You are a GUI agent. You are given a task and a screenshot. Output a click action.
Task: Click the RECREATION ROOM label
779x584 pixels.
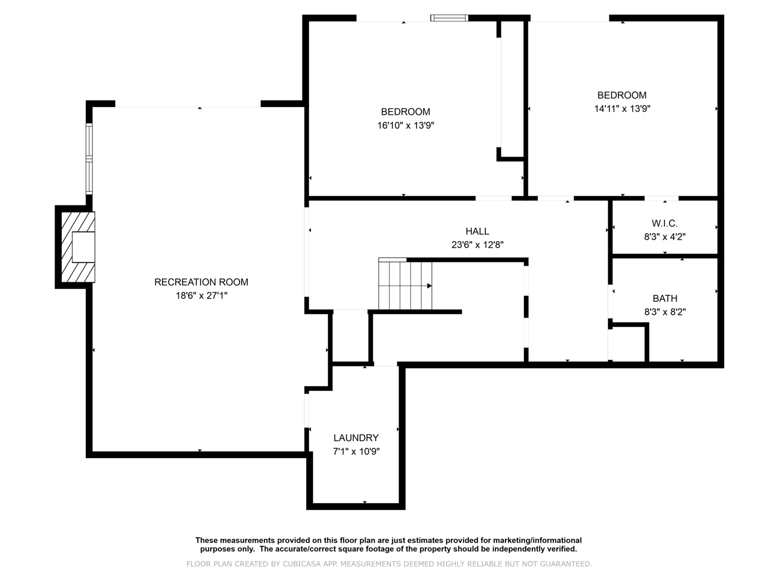(x=201, y=282)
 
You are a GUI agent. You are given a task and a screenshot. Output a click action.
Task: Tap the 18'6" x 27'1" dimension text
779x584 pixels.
(x=202, y=295)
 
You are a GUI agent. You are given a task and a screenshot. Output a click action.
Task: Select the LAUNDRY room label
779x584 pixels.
(x=356, y=438)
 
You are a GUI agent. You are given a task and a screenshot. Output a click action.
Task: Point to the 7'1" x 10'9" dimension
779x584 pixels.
(x=356, y=452)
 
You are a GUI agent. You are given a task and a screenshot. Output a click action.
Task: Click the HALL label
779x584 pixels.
(x=477, y=232)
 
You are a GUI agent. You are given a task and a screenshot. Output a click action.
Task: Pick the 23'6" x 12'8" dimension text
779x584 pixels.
(x=477, y=245)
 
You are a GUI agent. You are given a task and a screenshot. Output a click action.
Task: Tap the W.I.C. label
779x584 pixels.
(x=665, y=224)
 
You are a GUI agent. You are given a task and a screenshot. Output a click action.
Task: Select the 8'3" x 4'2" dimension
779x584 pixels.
(x=665, y=237)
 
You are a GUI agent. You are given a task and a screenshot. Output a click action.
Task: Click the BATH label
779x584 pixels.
(x=665, y=299)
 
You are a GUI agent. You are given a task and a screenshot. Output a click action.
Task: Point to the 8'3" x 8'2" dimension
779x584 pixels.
(x=665, y=312)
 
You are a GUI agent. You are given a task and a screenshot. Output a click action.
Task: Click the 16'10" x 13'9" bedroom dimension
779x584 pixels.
(x=406, y=126)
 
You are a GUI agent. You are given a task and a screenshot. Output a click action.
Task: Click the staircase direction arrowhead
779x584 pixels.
(x=429, y=286)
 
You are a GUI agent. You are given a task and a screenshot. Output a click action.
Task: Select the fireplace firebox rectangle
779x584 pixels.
(x=83, y=247)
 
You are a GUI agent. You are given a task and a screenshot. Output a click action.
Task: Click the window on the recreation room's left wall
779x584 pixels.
(x=89, y=158)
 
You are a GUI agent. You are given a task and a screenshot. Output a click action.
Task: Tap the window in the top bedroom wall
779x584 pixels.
(x=449, y=18)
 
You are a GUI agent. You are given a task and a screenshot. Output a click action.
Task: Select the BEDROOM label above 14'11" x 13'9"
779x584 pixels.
(x=622, y=95)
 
